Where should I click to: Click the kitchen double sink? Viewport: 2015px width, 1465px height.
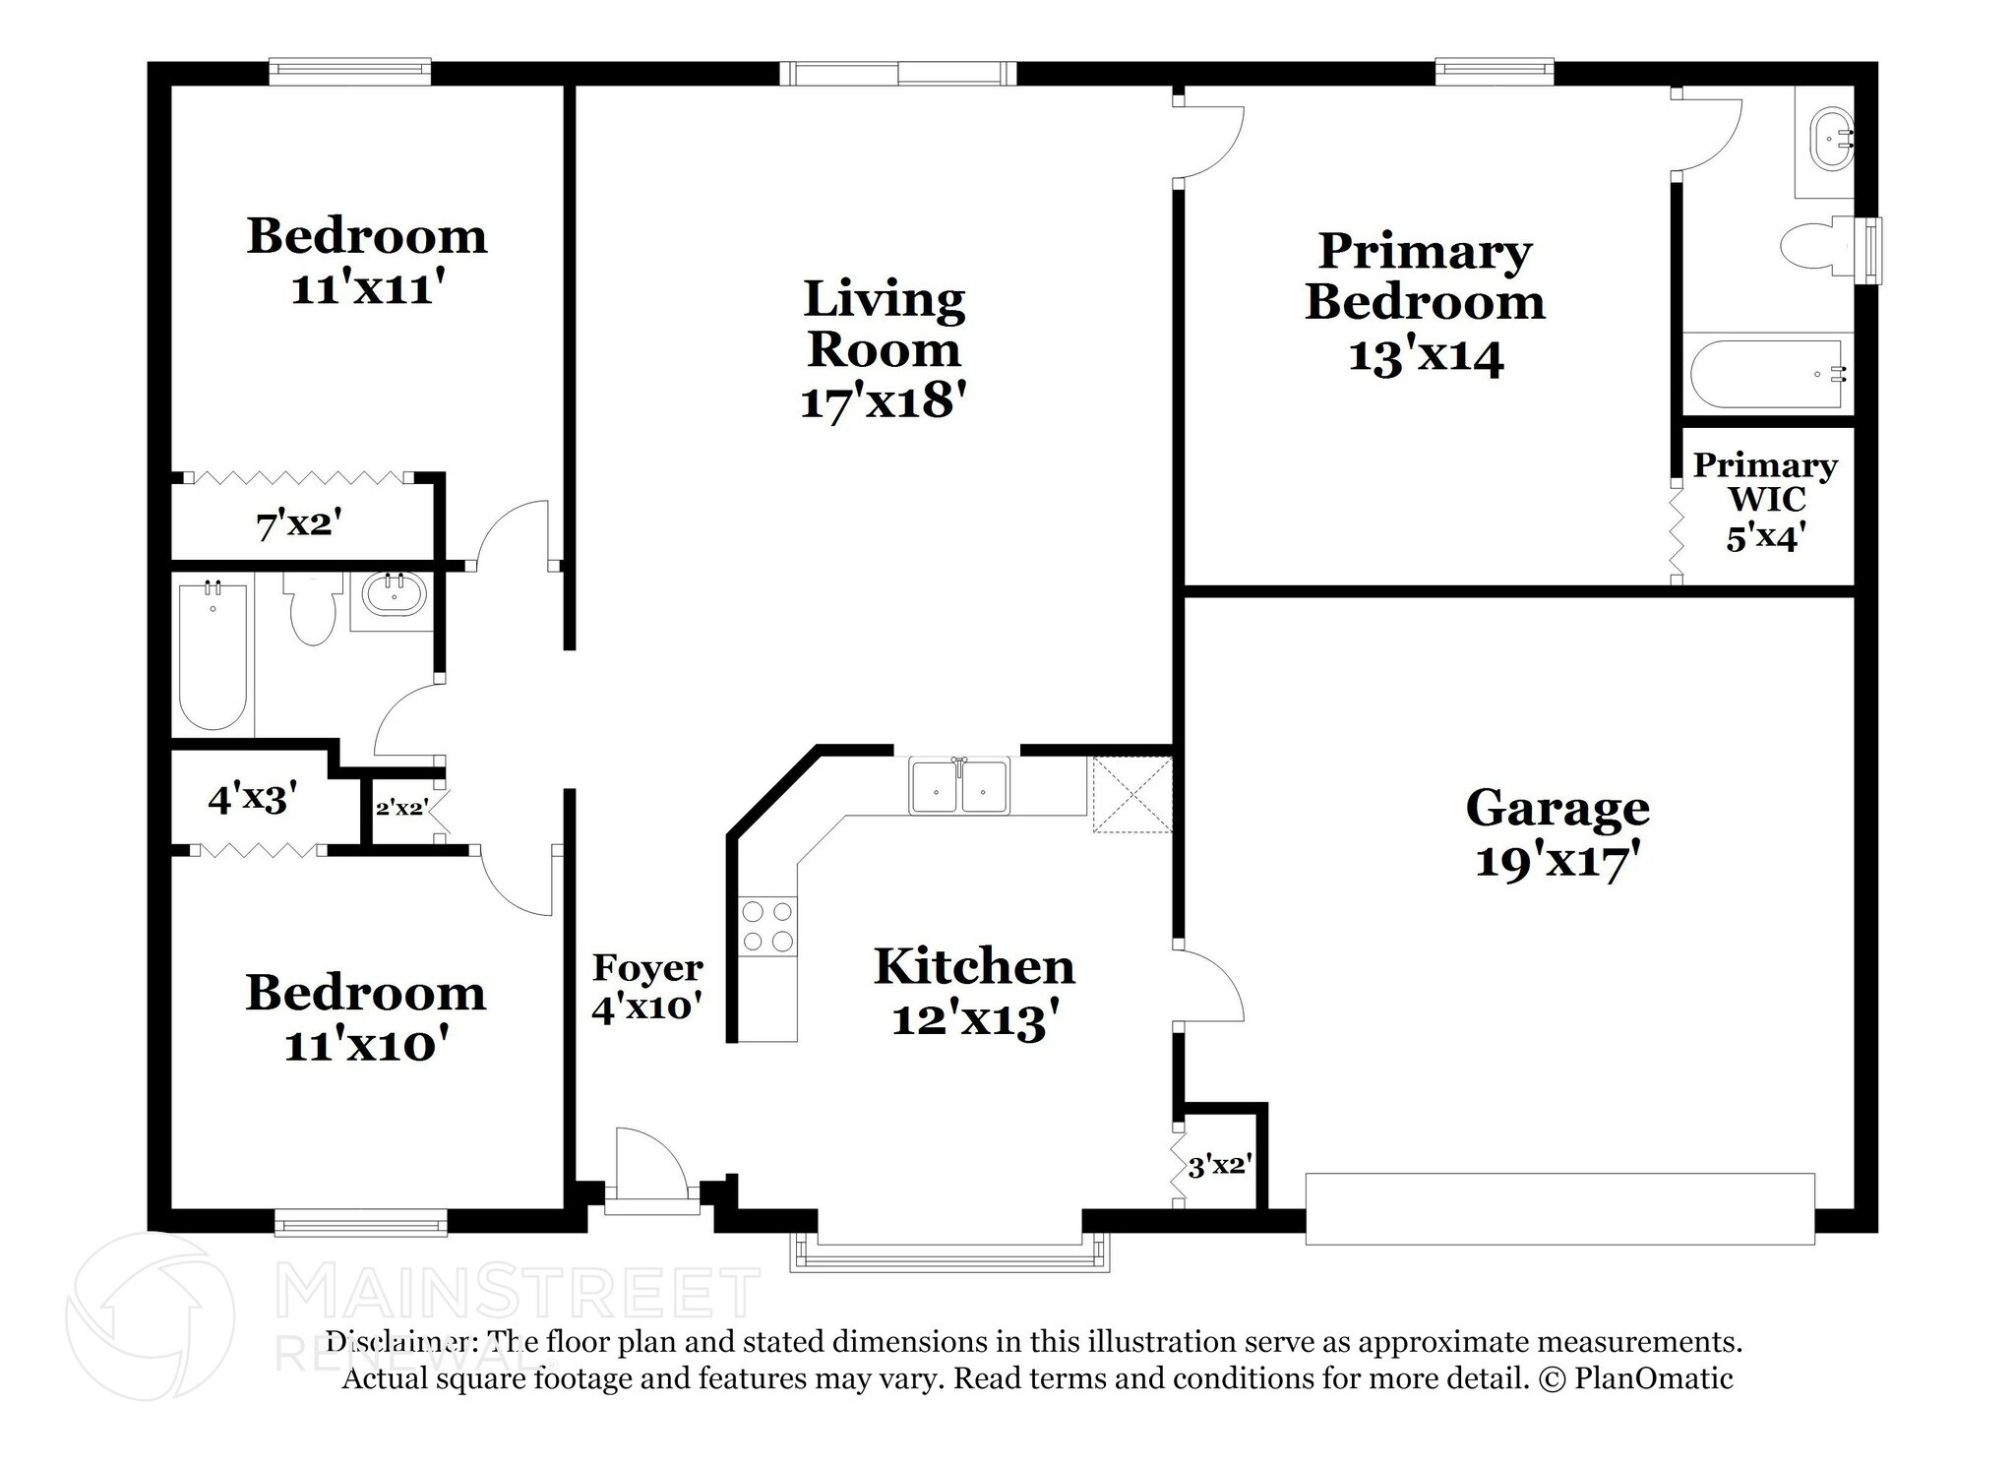tap(958, 785)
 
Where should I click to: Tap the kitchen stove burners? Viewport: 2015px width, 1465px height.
tap(767, 926)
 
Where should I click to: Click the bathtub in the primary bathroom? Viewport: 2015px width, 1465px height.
tap(1766, 374)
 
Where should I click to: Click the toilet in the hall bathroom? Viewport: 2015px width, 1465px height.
tap(313, 609)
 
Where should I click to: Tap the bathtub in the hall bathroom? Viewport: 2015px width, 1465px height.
tap(213, 655)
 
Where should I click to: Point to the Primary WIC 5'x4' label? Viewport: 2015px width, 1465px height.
tap(1765, 501)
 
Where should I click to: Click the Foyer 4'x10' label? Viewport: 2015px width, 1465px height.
tap(646, 988)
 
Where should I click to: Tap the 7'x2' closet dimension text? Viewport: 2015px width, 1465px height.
tap(298, 525)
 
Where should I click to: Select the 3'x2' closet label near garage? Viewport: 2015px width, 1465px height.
tap(1218, 1167)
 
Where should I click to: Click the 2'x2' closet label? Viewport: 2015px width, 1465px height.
tap(400, 808)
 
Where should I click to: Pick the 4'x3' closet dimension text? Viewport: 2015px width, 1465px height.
tap(252, 799)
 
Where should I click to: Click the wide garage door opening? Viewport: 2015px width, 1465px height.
tap(1559, 1208)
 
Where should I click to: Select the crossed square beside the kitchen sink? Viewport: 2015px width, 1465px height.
tap(1131, 795)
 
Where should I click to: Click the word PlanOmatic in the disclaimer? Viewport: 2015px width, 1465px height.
tap(1653, 1378)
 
